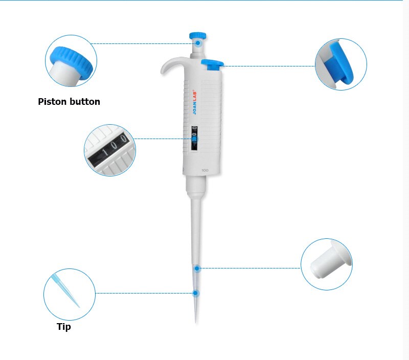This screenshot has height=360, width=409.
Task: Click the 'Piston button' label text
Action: [69, 101]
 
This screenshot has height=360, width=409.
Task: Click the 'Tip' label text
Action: [64, 327]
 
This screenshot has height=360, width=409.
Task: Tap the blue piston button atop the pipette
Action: [198, 35]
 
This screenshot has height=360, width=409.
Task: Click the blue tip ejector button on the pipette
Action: [213, 64]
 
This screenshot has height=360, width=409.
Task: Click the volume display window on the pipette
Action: [194, 138]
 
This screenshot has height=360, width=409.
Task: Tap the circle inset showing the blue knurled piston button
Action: [71, 60]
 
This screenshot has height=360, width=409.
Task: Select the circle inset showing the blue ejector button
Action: [340, 64]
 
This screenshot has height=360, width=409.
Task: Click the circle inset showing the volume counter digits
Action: [109, 150]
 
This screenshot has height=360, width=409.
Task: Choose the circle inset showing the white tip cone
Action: [326, 264]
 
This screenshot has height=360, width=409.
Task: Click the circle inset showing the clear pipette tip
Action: [69, 295]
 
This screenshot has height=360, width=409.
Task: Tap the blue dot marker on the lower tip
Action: [195, 293]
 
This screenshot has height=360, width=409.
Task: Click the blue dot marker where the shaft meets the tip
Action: [197, 267]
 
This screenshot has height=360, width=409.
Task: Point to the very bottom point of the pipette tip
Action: [196, 322]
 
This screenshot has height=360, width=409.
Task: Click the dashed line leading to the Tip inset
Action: [143, 293]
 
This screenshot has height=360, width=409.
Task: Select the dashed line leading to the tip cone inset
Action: [251, 267]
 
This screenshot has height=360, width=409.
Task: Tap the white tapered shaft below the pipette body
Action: [196, 225]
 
